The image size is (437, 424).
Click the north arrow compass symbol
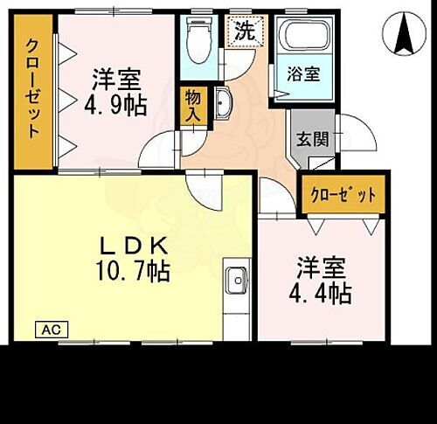[404, 32]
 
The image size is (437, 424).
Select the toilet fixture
[199, 38]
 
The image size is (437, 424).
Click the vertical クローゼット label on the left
[32, 87]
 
